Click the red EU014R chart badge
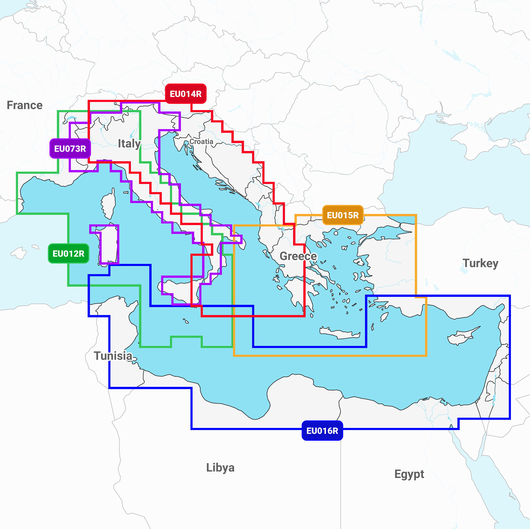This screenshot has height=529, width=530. click(x=185, y=94)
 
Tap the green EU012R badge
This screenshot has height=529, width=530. click(x=68, y=253)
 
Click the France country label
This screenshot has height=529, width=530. click(x=25, y=105)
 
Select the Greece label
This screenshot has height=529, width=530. click(x=298, y=256)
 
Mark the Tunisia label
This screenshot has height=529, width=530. click(x=113, y=356)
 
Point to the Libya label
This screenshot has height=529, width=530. click(x=220, y=467)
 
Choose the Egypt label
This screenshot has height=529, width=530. click(x=409, y=474)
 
